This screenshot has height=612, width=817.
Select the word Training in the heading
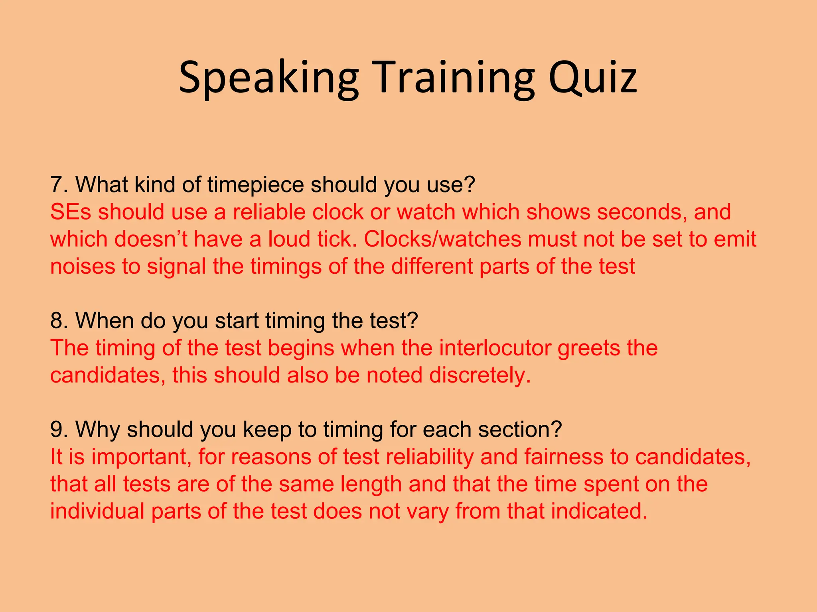454,78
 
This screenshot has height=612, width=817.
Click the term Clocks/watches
442,239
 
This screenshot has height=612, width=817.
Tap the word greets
588,349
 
